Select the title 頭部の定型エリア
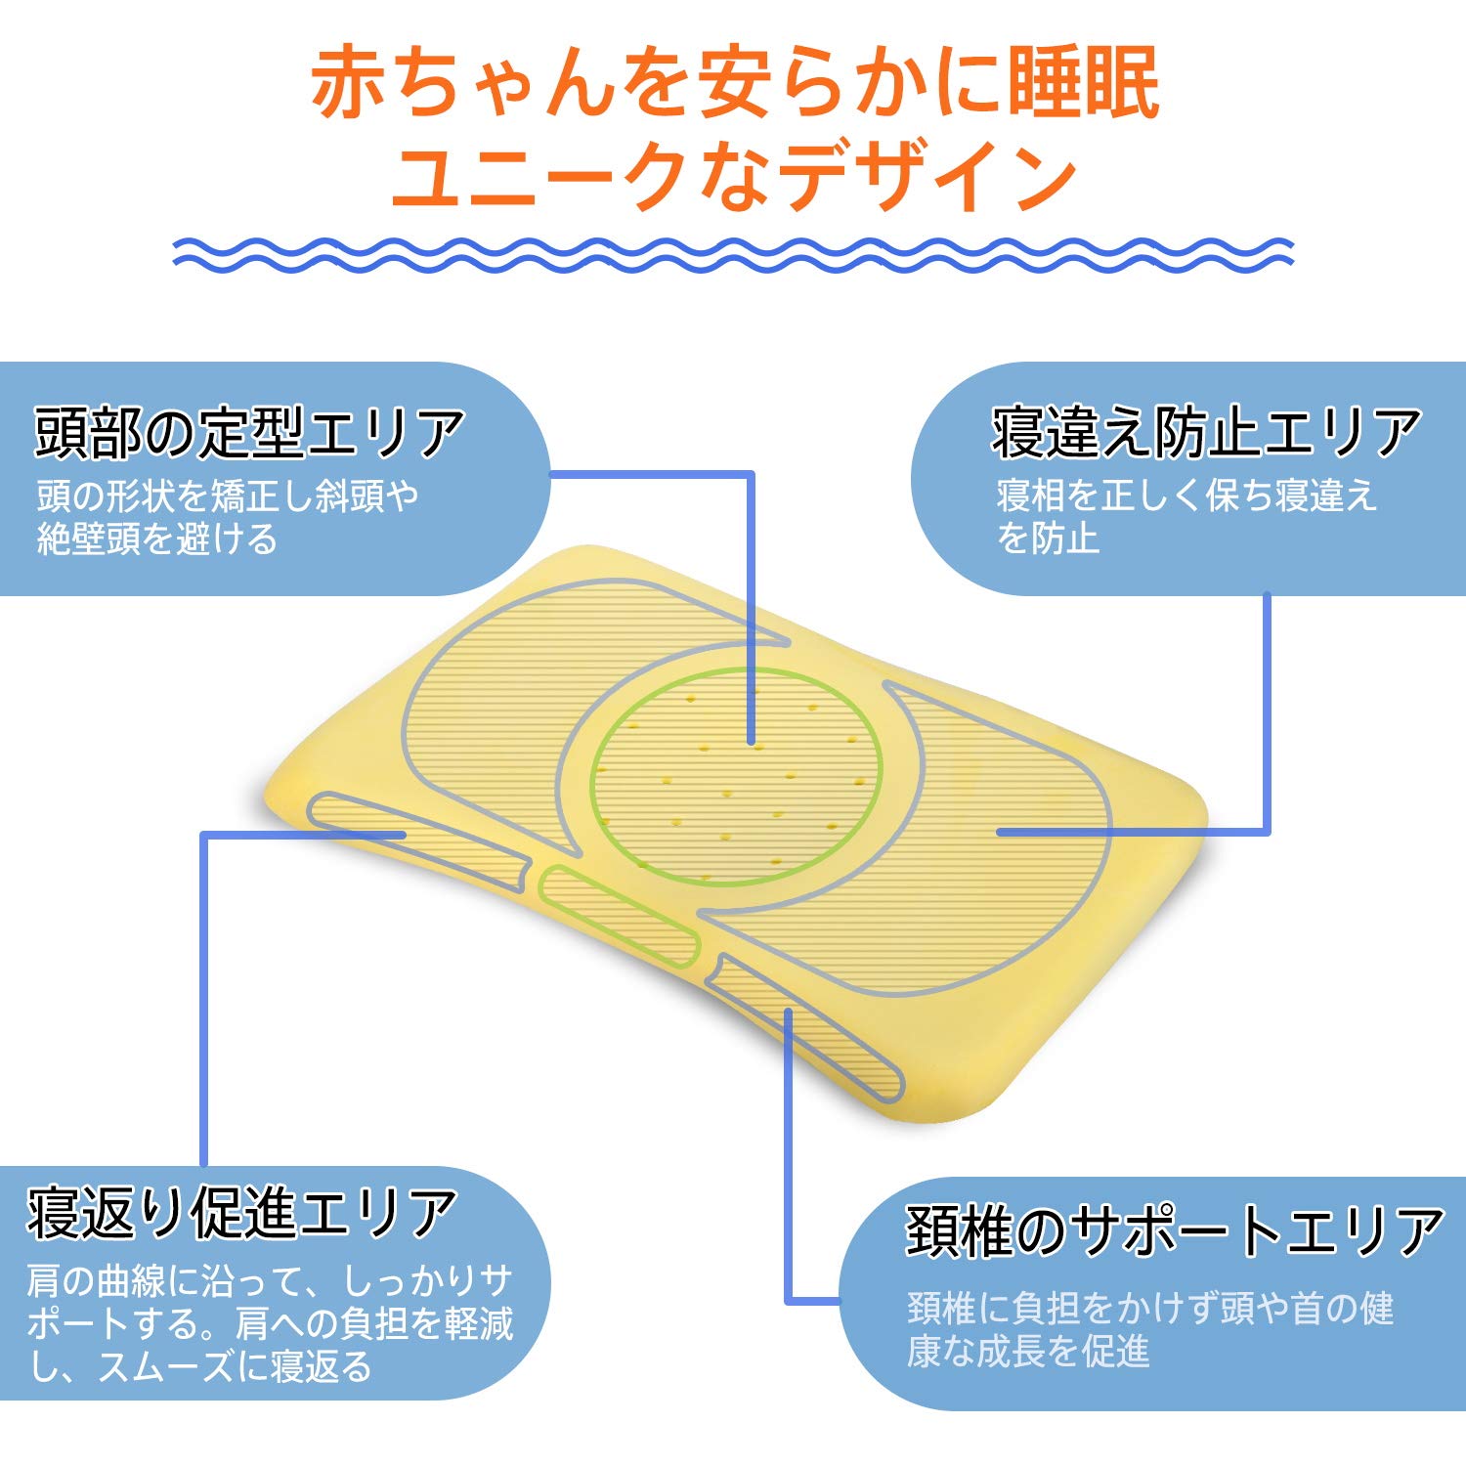(x=249, y=433)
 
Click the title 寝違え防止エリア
(x=1206, y=433)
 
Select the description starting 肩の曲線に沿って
(x=270, y=1323)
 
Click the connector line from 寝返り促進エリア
(x=203, y=997)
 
